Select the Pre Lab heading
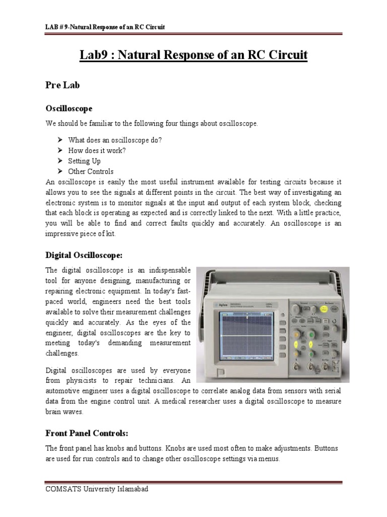[x=62, y=85]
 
